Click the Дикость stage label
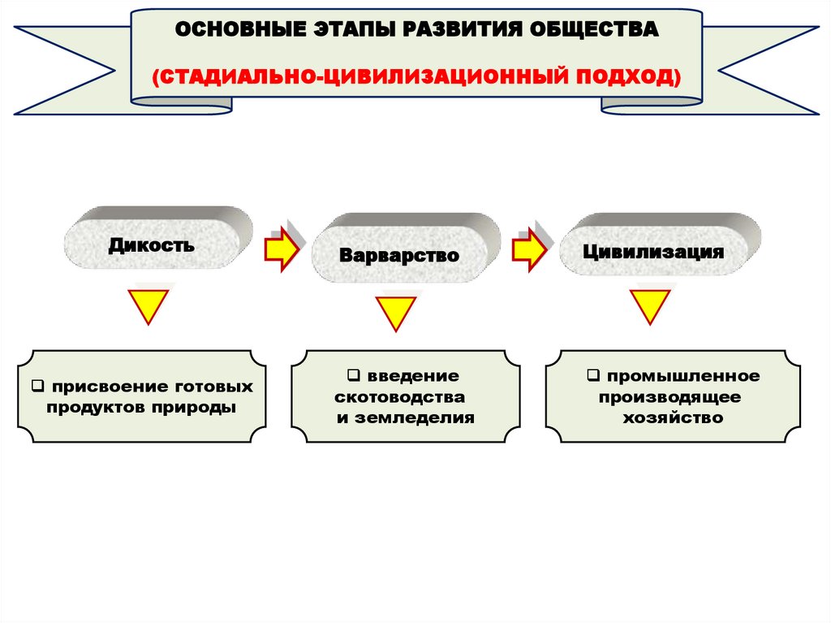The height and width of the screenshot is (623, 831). (151, 244)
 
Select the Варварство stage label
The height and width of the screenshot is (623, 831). (399, 255)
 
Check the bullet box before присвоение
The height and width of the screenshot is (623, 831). (38, 387)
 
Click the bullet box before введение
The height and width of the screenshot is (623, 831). (353, 377)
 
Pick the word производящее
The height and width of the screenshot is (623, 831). (670, 398)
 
